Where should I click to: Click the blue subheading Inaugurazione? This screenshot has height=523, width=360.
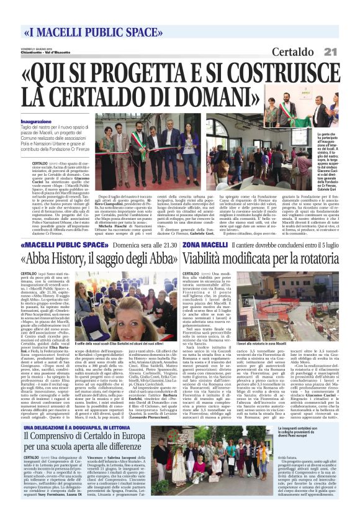(x=36, y=122)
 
